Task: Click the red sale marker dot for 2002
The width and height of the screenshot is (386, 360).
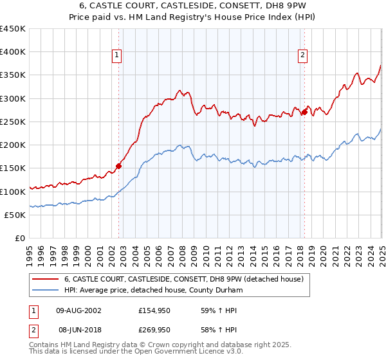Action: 118,166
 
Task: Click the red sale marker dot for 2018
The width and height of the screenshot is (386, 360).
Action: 304,112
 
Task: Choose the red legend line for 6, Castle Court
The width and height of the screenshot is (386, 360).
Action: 46,279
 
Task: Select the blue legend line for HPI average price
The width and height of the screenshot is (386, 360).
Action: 46,291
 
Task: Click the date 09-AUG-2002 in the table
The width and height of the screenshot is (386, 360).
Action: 79,310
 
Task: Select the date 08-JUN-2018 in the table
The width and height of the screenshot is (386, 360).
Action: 79,329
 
